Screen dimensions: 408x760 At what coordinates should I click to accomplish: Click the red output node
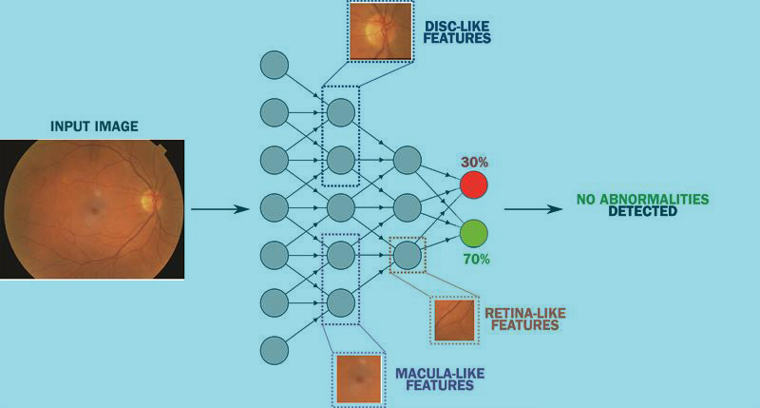[x=473, y=184]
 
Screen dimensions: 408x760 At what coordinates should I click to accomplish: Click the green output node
[x=473, y=232]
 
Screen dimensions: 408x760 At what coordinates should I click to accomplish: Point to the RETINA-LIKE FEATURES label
[x=522, y=318]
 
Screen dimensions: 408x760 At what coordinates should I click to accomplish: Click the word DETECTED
[x=642, y=211]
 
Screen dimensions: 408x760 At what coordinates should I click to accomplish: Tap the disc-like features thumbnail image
[x=379, y=31]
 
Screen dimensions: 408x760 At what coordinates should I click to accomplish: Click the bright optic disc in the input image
[x=147, y=200]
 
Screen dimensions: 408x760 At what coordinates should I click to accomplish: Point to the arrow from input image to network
[x=218, y=207]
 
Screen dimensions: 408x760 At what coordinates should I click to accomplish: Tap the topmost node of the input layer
[x=275, y=66]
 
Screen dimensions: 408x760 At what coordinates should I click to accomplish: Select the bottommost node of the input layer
[x=275, y=349]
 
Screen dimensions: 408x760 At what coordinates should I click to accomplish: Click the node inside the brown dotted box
[x=407, y=254]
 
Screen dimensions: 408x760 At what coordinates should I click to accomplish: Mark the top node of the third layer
[x=407, y=160]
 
